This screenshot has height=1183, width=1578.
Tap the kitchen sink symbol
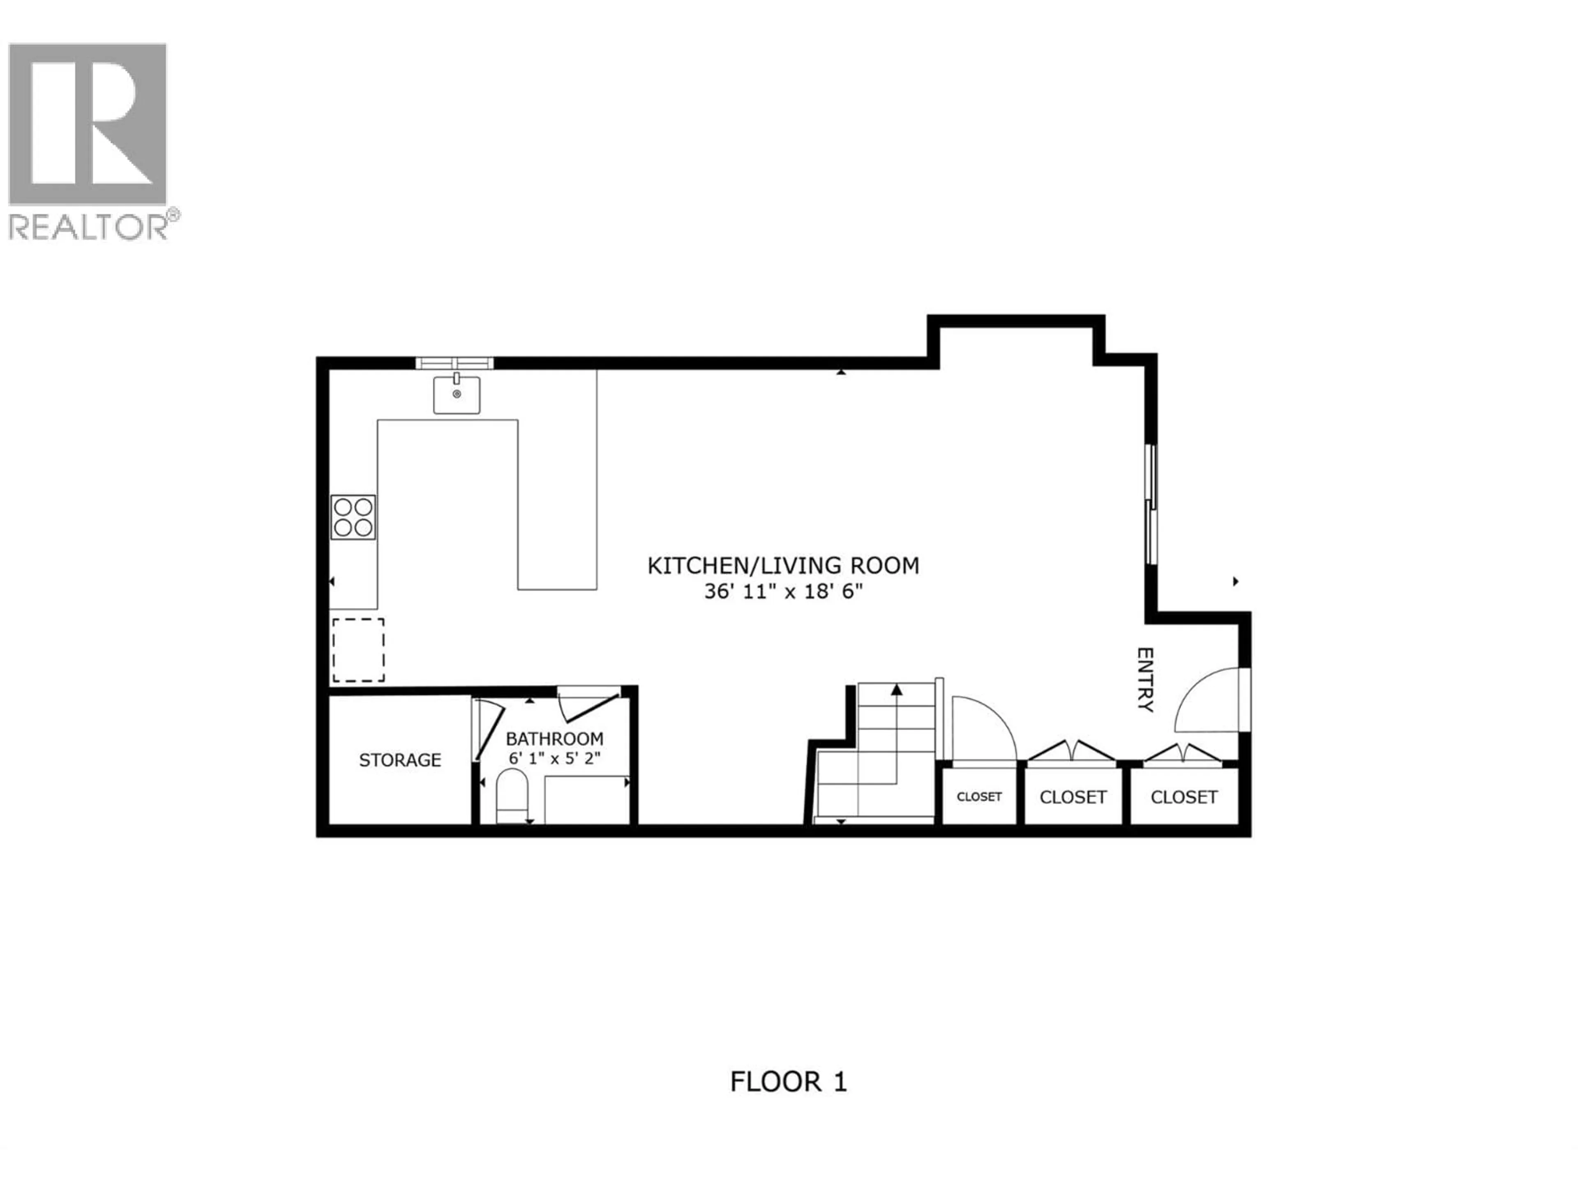[x=457, y=394]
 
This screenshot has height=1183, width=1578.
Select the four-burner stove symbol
[x=353, y=517]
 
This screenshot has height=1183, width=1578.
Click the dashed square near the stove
[x=358, y=649]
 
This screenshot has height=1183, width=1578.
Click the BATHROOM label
[x=554, y=739]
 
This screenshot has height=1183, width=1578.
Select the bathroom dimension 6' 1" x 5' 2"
[x=554, y=757]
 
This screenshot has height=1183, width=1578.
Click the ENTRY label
[x=1144, y=679]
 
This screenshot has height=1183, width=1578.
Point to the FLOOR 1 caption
[x=788, y=1082]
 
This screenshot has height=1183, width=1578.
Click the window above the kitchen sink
[x=454, y=363]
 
